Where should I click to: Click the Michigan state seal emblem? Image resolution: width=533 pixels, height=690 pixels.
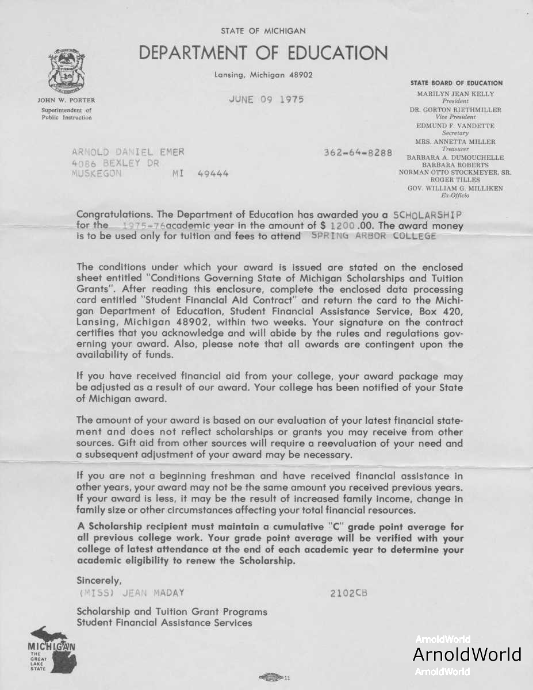click(x=67, y=72)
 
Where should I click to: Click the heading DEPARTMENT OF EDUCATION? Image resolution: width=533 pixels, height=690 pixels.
click(x=263, y=53)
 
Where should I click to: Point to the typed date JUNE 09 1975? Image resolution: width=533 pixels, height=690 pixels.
click(x=266, y=99)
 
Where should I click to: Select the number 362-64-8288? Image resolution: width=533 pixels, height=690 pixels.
click(x=358, y=153)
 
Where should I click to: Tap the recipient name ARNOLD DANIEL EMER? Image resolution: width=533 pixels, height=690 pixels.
click(x=128, y=152)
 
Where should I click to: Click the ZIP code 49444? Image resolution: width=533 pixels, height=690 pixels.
click(x=213, y=173)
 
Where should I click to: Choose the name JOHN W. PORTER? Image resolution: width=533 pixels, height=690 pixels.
click(x=66, y=101)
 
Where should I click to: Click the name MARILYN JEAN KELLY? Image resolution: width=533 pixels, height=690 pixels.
click(x=455, y=94)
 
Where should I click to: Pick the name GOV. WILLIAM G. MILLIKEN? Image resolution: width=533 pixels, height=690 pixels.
click(x=455, y=188)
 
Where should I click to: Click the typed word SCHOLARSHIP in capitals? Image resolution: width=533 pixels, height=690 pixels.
click(x=428, y=214)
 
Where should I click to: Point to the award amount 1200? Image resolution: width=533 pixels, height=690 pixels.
click(x=344, y=225)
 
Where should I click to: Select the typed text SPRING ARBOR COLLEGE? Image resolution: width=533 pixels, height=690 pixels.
click(x=374, y=236)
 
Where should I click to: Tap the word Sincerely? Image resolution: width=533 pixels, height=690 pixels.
click(x=99, y=580)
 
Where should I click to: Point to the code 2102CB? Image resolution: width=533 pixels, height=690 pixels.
click(x=348, y=593)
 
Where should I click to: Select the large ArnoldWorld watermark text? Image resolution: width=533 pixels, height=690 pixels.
click(x=467, y=654)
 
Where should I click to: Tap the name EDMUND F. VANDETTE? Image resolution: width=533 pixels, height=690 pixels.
click(x=455, y=125)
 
